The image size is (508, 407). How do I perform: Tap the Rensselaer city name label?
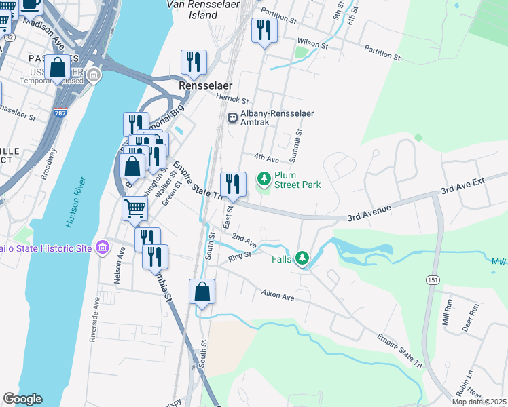coord(205,86)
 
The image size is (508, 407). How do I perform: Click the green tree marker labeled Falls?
coord(302,258)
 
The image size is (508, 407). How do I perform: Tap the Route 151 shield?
coord(432,279)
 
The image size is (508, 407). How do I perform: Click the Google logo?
coord(22,399)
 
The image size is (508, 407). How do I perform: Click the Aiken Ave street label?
coord(278,296)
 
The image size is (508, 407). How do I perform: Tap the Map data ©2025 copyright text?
coord(478,402)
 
